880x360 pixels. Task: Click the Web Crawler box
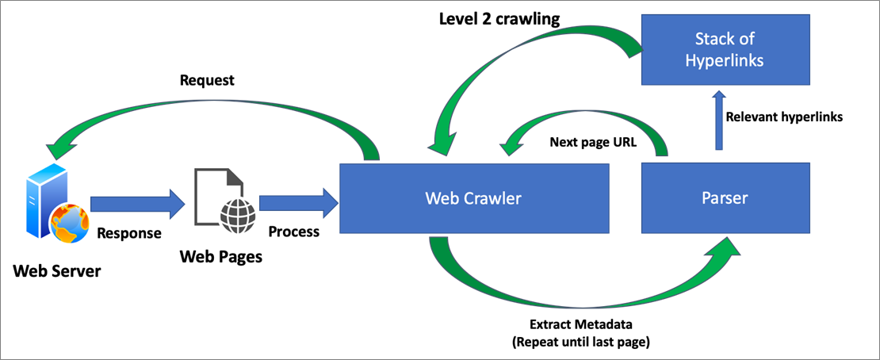pyautogui.click(x=474, y=198)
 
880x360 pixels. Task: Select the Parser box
pyautogui.click(x=725, y=198)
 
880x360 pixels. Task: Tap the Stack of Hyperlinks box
pyautogui.click(x=725, y=49)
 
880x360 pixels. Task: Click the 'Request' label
pyautogui.click(x=207, y=81)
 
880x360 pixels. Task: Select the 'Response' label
pyautogui.click(x=130, y=232)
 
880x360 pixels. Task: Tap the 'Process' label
pyautogui.click(x=293, y=232)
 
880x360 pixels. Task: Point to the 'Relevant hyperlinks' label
pyautogui.click(x=785, y=117)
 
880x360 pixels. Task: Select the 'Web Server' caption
pyautogui.click(x=57, y=272)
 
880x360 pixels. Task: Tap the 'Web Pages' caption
pyautogui.click(x=220, y=257)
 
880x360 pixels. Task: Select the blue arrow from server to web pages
pyautogui.click(x=137, y=204)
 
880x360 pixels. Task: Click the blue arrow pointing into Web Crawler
pyautogui.click(x=299, y=204)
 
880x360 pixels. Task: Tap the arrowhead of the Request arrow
pyautogui.click(x=58, y=148)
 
